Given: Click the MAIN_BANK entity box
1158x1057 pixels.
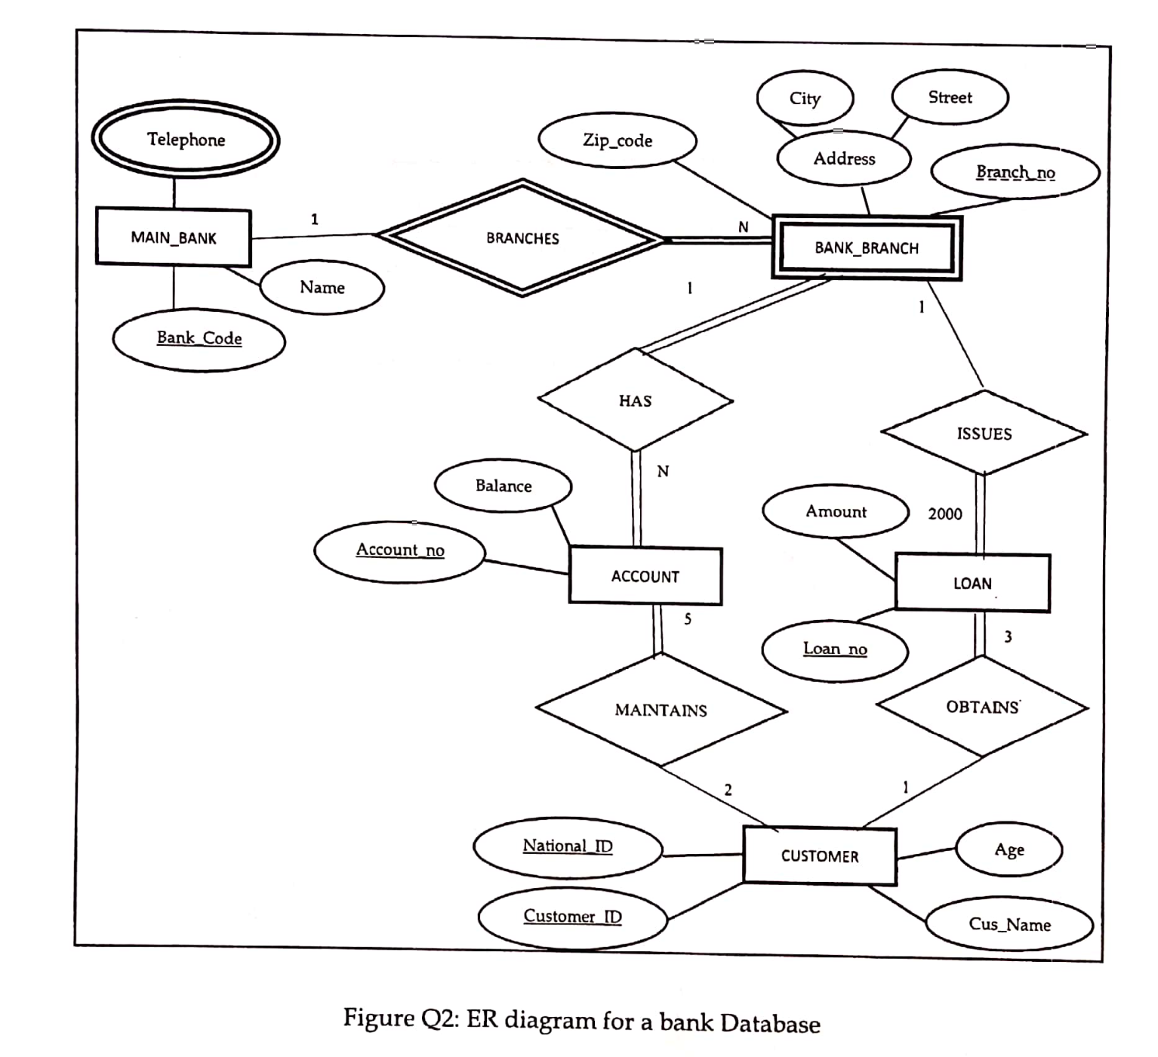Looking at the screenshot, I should [174, 238].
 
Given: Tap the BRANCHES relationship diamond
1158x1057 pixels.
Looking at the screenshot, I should [522, 239].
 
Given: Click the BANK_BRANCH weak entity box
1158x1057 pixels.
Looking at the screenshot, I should [867, 248].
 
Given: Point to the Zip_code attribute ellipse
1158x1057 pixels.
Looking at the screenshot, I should [617, 140].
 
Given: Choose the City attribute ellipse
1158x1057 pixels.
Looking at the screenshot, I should [805, 99].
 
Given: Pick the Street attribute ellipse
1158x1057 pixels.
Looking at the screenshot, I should [950, 97].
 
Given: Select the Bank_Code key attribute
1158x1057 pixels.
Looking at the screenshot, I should [199, 339].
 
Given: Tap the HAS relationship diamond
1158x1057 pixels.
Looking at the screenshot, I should [635, 401].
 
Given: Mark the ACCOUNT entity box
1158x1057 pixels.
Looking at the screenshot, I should [645, 577].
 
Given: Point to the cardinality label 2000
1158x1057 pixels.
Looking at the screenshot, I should [945, 514].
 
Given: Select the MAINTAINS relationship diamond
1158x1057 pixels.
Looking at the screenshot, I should [661, 710].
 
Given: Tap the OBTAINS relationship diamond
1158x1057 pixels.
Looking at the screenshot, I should [982, 707].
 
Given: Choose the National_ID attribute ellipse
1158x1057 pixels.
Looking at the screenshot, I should [568, 847].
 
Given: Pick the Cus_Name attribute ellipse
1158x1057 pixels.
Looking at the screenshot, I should [1009, 925].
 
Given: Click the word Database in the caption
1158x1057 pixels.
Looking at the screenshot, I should [769, 1024].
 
